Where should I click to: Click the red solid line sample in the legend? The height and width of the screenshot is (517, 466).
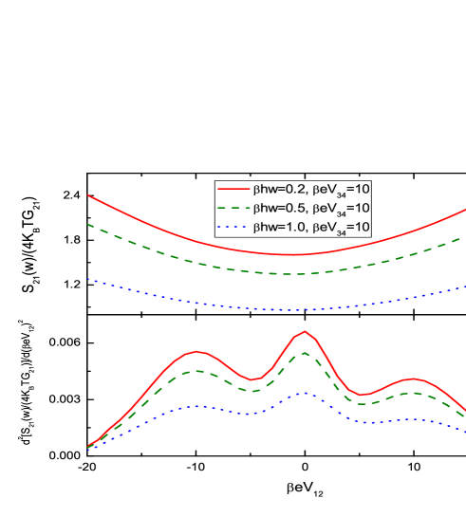coord(232,188)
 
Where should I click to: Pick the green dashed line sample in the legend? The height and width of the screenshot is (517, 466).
coord(232,208)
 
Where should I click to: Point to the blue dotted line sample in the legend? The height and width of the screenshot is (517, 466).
coord(232,228)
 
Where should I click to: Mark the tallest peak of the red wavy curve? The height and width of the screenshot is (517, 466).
coord(305,331)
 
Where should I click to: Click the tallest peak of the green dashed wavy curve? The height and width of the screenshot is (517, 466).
coord(305,353)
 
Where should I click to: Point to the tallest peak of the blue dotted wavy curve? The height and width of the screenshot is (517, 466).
coord(302,393)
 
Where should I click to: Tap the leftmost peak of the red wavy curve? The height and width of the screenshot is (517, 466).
coord(198,351)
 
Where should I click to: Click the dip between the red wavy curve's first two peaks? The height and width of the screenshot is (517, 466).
coord(252,380)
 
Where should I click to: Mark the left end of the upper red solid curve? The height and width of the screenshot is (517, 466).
coord(88,195)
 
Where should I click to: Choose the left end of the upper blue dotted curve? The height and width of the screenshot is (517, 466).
coord(88,279)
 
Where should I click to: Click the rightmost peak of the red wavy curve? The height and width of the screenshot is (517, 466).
coord(413,379)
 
